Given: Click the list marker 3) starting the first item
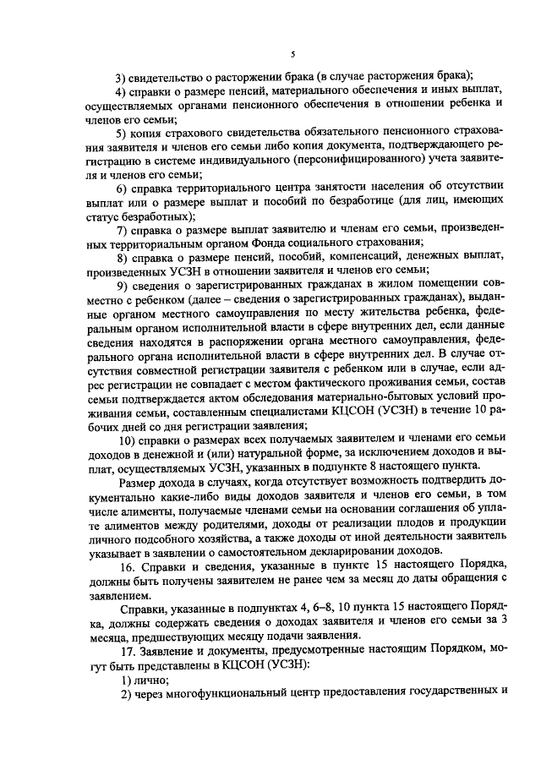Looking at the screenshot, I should [x=121, y=74].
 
